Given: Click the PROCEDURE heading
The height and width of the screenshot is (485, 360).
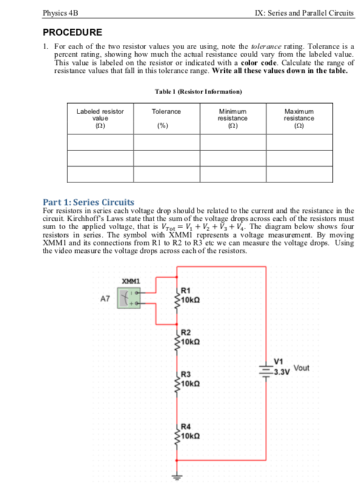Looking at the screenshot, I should pyautogui.click(x=72, y=32).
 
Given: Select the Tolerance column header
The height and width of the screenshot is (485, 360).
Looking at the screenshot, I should pyautogui.click(x=166, y=112).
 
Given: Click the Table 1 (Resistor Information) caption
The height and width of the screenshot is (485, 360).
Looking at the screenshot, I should pyautogui.click(x=198, y=91).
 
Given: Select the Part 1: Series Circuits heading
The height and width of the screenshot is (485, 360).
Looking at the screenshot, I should pyautogui.click(x=89, y=201).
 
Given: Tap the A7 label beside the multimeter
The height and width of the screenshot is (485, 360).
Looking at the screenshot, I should pyautogui.click(x=105, y=299).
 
